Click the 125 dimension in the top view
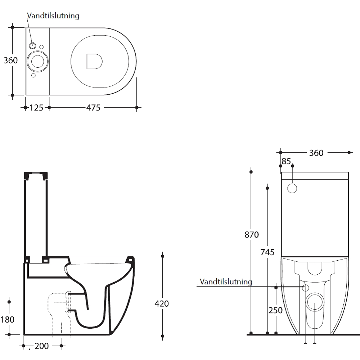point(36,107)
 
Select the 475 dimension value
point(93,107)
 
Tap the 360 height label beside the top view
point(10,60)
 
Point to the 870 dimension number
point(252,235)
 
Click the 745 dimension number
point(267,252)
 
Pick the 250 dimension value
point(276,310)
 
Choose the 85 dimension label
point(286,161)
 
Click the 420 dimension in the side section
point(162,303)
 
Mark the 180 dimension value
point(8,319)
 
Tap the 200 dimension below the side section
point(42,346)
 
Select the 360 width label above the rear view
point(316,153)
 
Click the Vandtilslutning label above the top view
point(53,16)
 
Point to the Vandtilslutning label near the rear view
point(226,282)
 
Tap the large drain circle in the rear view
point(315,302)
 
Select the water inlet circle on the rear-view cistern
point(293,188)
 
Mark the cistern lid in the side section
point(36,176)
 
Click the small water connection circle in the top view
point(33,46)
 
